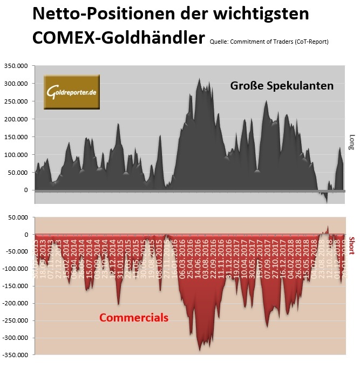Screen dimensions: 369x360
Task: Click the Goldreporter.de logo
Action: click(x=71, y=92)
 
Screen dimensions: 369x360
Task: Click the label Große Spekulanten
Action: click(x=282, y=86)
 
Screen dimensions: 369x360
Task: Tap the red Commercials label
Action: click(x=134, y=318)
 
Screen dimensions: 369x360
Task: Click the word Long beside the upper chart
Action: click(x=352, y=141)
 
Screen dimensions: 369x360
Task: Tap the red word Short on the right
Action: click(x=352, y=245)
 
